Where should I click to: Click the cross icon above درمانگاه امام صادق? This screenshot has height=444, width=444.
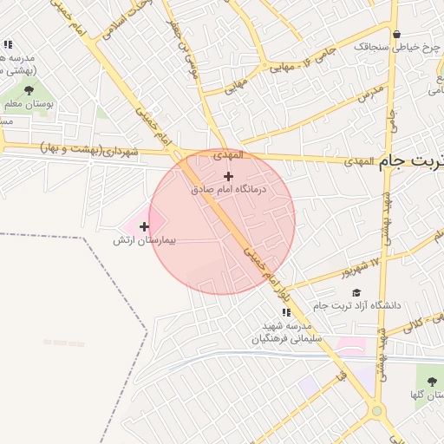coord(228,176)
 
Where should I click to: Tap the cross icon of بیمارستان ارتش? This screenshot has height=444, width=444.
coord(144,226)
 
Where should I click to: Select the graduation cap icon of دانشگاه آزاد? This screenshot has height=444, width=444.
coord(356,292)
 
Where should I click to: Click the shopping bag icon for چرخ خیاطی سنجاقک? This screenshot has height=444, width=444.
coord(396,35)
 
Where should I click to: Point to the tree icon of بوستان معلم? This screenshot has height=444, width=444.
coord(29,89)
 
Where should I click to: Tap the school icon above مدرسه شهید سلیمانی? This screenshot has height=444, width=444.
coord(285,312)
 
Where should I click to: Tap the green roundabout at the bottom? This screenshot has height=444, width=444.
coord(376,411)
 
